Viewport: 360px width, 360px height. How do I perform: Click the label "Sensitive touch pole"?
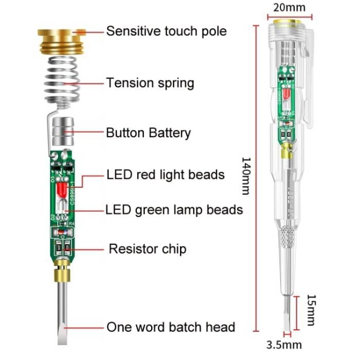tap(166, 31)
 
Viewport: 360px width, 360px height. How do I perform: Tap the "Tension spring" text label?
tap(150, 82)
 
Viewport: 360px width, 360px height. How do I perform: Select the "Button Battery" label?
tap(148, 133)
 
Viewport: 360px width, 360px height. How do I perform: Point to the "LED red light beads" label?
tap(166, 174)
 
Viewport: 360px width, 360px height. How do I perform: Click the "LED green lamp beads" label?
tap(174, 210)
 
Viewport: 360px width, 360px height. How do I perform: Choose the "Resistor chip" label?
tap(147, 249)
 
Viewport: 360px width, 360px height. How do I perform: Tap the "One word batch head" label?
tap(171, 327)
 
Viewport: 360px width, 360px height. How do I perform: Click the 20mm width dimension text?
tap(289, 7)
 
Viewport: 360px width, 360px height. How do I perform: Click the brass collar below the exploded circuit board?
tap(63, 268)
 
